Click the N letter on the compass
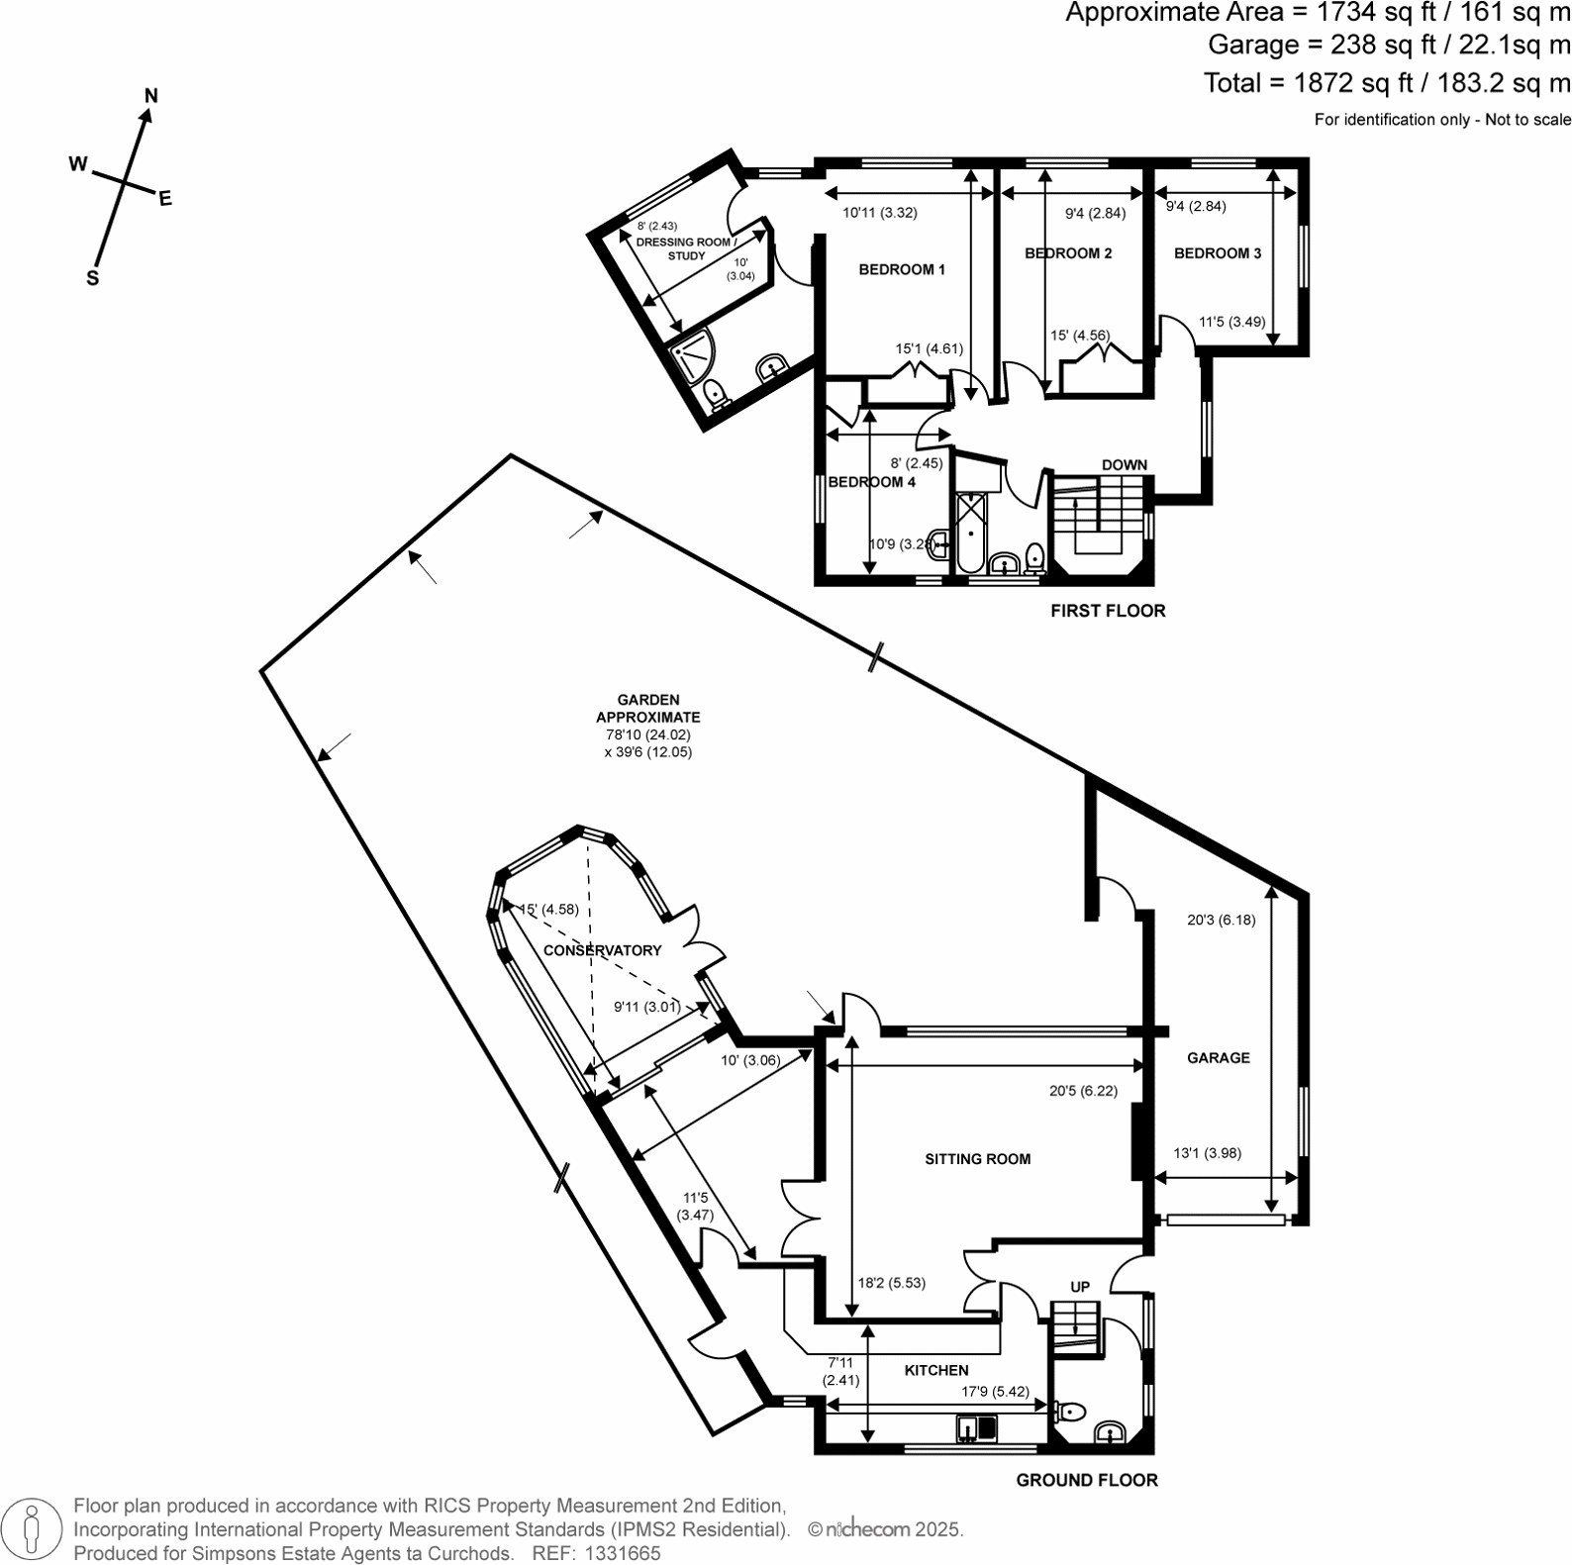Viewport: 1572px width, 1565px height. point(151,96)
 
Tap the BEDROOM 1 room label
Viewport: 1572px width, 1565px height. point(902,269)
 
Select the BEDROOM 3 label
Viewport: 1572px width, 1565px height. point(1218,253)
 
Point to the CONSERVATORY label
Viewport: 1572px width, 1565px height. point(603,950)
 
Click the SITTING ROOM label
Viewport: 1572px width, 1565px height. point(978,1159)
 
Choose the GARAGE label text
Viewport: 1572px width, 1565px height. point(1219,1058)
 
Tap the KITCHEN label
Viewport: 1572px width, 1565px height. point(936,1371)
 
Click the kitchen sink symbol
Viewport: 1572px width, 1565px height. point(976,1428)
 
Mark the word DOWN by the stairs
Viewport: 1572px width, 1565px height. point(1125,465)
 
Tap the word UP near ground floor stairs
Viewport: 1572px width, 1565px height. point(1080,1287)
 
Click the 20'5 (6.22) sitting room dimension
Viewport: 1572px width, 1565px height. point(1083,1091)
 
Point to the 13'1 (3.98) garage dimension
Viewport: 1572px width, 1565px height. point(1207,1153)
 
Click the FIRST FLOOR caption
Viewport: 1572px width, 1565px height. point(1108,611)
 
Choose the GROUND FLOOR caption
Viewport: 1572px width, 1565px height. point(1087,1481)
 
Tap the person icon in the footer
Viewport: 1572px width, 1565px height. point(34,1529)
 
